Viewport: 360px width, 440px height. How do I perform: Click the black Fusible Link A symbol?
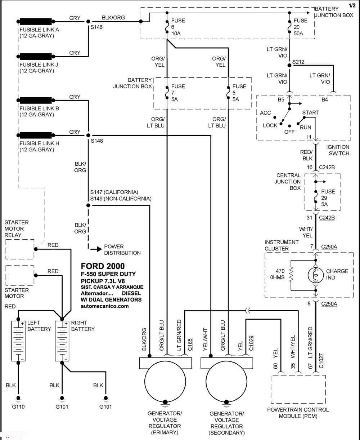pyautogui.click(x=36, y=21)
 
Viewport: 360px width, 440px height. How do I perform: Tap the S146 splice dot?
pyautogui.click(x=88, y=22)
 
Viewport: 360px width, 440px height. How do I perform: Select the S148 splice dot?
pyautogui.click(x=88, y=135)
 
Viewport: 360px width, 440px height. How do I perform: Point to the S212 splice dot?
pyautogui.click(x=289, y=65)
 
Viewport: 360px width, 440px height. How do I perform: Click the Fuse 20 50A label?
pyautogui.click(x=300, y=27)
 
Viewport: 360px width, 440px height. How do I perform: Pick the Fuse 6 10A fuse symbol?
pyautogui.click(x=167, y=27)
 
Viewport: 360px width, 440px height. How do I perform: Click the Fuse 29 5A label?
pyautogui.click(x=328, y=198)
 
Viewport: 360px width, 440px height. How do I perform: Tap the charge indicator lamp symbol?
pyautogui.click(x=316, y=275)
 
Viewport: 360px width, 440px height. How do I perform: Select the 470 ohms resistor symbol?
pyautogui.click(x=291, y=275)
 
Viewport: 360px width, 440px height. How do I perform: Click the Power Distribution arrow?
pyautogui.click(x=96, y=249)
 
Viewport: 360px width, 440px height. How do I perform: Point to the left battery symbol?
pyautogui.click(x=18, y=341)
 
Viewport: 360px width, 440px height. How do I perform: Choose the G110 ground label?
pyautogui.click(x=18, y=406)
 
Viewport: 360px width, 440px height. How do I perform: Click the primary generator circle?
pyautogui.click(x=165, y=382)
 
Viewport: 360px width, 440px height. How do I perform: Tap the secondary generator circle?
pyautogui.click(x=226, y=382)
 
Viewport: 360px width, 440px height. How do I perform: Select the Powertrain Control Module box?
pyautogui.click(x=298, y=389)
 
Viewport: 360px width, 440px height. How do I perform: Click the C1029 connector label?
pyautogui.click(x=251, y=343)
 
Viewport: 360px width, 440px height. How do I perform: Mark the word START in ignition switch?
pyautogui.click(x=311, y=113)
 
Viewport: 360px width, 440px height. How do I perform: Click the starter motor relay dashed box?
pyautogui.click(x=20, y=249)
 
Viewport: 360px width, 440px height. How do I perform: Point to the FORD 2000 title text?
pyautogui.click(x=103, y=266)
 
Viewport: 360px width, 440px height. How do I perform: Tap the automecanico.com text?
pyautogui.click(x=105, y=306)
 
